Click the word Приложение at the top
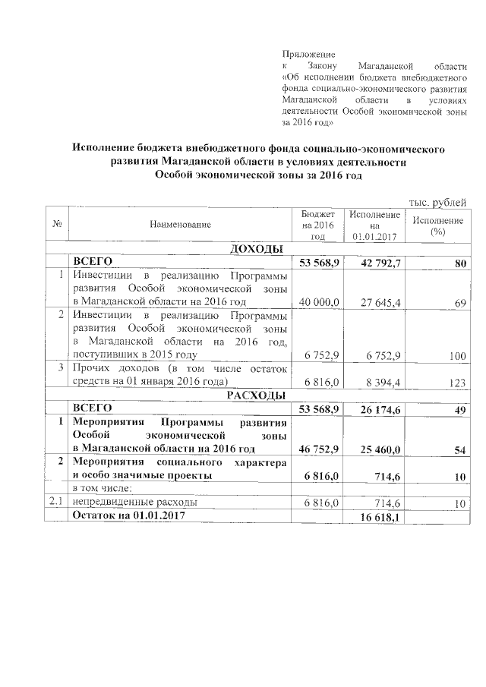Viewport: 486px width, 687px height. pyautogui.click(x=308, y=55)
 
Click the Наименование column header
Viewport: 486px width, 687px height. pyautogui.click(x=180, y=225)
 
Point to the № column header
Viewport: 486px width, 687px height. pyautogui.click(x=58, y=225)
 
